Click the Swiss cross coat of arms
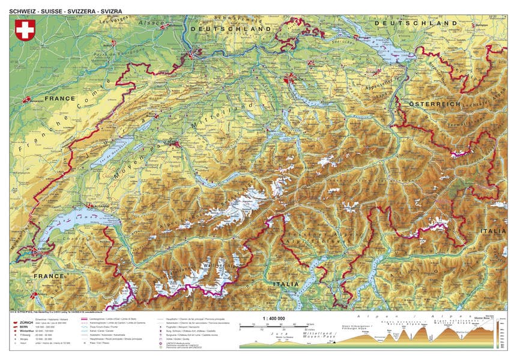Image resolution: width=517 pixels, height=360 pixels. [x=25, y=30]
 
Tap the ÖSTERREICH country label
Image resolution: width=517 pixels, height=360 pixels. [x=435, y=105]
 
